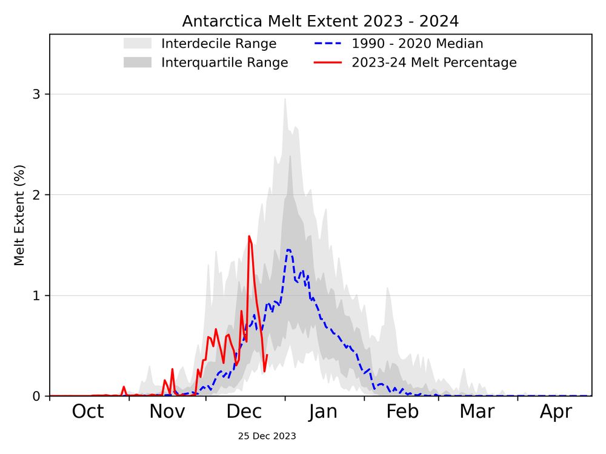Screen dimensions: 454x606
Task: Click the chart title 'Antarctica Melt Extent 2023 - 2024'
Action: (321, 21)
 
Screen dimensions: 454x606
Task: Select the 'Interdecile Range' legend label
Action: (218, 44)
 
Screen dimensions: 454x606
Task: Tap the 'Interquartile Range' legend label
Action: (224, 62)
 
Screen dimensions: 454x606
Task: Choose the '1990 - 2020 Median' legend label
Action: (417, 44)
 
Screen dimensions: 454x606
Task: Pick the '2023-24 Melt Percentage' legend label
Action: (434, 62)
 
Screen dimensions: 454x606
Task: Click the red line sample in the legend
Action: (328, 62)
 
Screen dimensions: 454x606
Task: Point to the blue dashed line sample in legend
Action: (328, 44)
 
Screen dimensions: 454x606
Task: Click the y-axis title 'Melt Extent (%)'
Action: (19, 215)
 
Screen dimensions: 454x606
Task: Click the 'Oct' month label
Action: (88, 412)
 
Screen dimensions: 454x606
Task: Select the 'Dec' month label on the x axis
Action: (244, 412)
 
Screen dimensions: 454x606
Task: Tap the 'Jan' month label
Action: (322, 412)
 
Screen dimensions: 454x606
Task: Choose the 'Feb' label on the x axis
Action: (402, 412)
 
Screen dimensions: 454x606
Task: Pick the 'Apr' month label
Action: (556, 412)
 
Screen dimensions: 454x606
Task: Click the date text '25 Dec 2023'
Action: (267, 436)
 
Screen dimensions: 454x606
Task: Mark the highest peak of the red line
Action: (249, 236)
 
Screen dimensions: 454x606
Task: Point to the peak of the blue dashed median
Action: (288, 249)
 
